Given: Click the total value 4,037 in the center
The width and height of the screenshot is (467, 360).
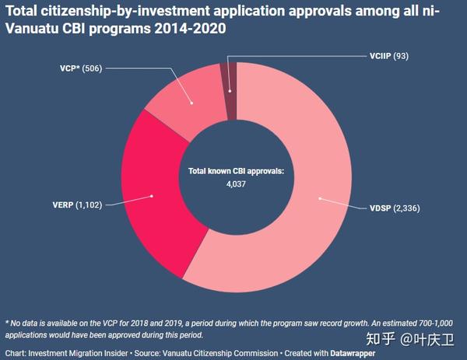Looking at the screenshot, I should [234, 185].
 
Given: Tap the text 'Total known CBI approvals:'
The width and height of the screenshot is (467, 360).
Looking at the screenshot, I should [234, 170].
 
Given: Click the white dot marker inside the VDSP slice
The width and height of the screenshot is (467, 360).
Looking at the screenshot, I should [319, 197].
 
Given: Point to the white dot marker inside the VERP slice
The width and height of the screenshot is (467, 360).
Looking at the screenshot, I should [153, 195].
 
